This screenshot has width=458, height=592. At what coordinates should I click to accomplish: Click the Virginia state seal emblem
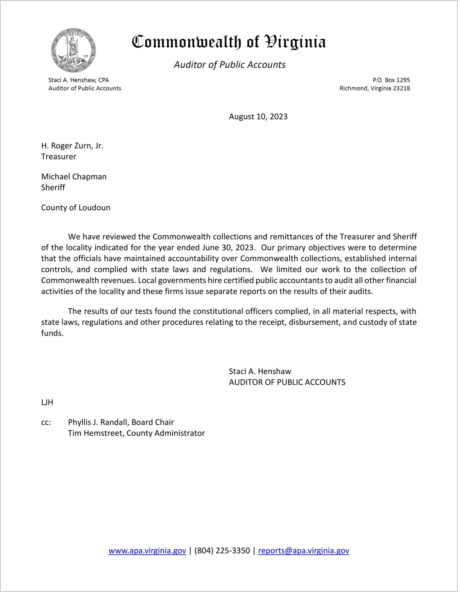pyautogui.click(x=74, y=50)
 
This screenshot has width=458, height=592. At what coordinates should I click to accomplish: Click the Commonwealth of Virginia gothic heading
pyautogui.click(x=229, y=42)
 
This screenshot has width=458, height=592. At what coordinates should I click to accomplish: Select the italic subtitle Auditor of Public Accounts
pyautogui.click(x=230, y=65)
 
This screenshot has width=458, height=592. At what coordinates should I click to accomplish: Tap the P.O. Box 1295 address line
pyautogui.click(x=391, y=80)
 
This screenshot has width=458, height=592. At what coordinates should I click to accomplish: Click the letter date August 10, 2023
pyautogui.click(x=258, y=116)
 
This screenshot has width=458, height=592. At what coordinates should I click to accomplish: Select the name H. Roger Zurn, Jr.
pyautogui.click(x=72, y=146)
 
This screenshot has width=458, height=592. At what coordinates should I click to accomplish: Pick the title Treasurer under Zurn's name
pyautogui.click(x=59, y=157)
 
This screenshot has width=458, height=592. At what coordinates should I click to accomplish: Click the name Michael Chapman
pyautogui.click(x=74, y=177)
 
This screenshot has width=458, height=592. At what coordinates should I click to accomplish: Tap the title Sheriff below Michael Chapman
pyautogui.click(x=53, y=188)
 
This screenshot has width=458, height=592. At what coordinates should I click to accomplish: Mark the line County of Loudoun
pyautogui.click(x=76, y=208)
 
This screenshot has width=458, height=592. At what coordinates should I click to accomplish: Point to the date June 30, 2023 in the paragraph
pyautogui.click(x=228, y=248)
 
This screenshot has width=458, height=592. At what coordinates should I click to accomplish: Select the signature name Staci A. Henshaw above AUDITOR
pyautogui.click(x=260, y=371)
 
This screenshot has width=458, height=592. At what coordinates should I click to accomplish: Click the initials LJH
pyautogui.click(x=47, y=402)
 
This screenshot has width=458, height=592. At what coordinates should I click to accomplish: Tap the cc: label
pyautogui.click(x=46, y=422)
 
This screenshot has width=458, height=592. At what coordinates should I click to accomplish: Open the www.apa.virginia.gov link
pyautogui.click(x=147, y=551)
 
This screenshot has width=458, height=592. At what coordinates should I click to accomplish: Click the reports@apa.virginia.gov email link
pyautogui.click(x=303, y=551)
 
